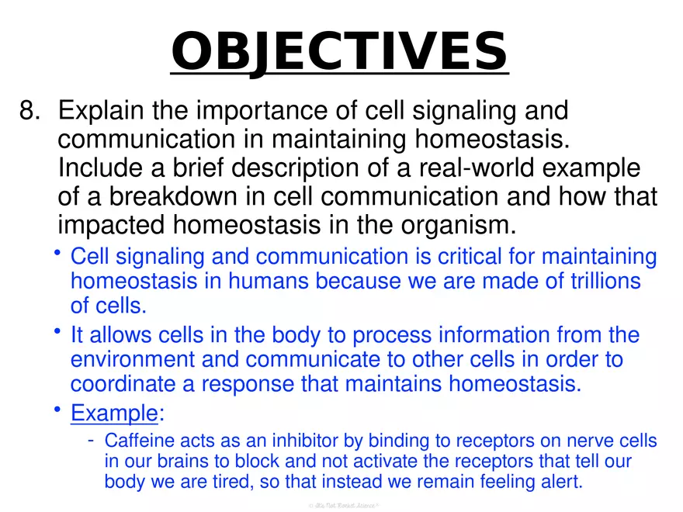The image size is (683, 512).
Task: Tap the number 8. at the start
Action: click(30, 111)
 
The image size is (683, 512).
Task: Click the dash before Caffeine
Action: click(91, 441)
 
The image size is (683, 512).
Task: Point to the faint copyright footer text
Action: click(342, 505)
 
